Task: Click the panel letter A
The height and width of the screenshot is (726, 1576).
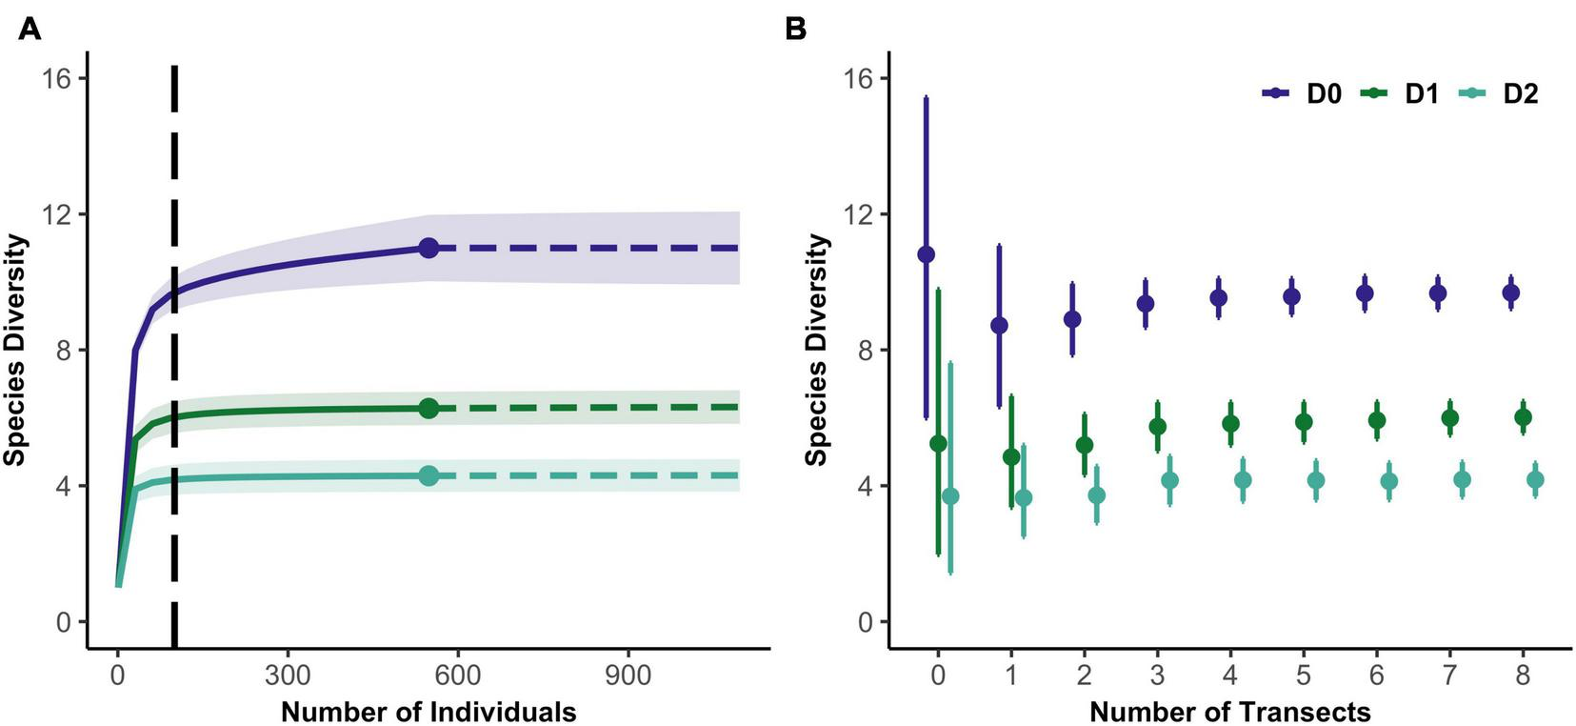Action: [30, 30]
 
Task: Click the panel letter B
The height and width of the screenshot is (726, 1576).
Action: [795, 30]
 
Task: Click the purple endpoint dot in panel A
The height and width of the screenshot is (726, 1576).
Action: [429, 248]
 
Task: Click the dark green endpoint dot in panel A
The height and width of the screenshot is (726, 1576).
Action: [429, 408]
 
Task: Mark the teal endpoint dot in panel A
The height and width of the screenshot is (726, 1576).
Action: [429, 475]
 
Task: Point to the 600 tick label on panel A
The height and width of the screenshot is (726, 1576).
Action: [457, 676]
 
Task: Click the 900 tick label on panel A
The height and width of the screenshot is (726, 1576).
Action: [628, 676]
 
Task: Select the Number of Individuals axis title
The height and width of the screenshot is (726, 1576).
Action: [429, 712]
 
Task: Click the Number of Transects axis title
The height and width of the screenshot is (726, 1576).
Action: [1229, 712]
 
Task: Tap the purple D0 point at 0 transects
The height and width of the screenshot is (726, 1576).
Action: [926, 254]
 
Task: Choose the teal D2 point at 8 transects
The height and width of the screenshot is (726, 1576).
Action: [1535, 480]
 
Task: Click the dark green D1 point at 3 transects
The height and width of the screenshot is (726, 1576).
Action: [1157, 426]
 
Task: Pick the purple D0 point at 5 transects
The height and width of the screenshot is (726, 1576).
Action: [1291, 296]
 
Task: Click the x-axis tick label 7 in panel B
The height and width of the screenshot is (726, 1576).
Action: [1449, 676]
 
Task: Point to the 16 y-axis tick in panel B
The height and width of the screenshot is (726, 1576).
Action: [860, 78]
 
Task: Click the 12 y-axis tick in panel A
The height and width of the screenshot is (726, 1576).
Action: [56, 213]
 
